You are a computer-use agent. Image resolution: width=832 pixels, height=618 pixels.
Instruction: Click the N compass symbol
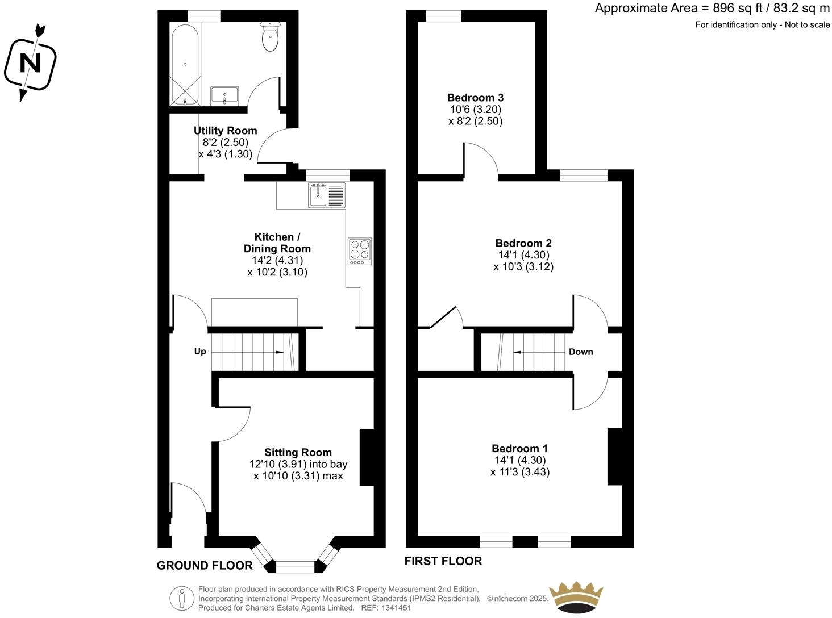tap(30, 62)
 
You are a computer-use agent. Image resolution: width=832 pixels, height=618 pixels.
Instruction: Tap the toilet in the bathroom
tap(270, 37)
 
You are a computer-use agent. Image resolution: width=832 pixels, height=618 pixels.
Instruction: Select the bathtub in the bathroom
tap(185, 65)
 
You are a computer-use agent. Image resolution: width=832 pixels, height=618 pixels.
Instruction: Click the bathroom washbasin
tap(225, 96)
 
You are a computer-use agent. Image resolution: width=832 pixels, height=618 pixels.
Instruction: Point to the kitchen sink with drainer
tap(327, 195)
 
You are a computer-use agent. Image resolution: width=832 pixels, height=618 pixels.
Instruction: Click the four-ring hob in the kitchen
tap(360, 250)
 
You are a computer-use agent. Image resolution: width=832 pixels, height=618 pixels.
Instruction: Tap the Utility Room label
tap(226, 131)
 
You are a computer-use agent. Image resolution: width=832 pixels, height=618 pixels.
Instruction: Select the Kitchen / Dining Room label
tap(277, 243)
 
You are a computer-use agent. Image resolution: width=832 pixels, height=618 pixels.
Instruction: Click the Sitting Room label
tap(298, 452)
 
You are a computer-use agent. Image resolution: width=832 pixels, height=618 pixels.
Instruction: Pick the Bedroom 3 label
tap(475, 98)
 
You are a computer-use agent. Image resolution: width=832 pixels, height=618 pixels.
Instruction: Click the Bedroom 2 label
tap(523, 243)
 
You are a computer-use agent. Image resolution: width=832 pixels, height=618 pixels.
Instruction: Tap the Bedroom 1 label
tap(520, 448)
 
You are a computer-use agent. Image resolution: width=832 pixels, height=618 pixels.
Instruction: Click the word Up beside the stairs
tap(200, 352)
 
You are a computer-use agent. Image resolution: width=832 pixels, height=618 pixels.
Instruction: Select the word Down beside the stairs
tap(581, 352)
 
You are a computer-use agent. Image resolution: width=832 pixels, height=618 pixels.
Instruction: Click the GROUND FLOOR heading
tap(205, 565)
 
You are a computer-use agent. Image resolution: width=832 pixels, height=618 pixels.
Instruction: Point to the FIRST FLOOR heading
tap(443, 561)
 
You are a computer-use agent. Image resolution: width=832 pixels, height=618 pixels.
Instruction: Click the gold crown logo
tap(575, 596)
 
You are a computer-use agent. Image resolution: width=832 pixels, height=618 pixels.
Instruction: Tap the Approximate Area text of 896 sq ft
tap(712, 9)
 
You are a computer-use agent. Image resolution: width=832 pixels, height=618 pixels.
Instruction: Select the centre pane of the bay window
tap(295, 566)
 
